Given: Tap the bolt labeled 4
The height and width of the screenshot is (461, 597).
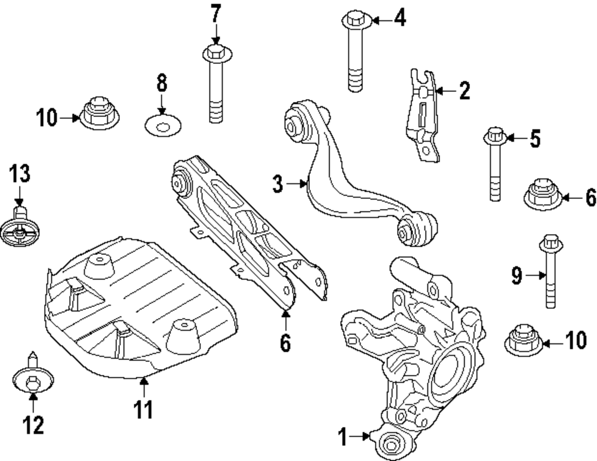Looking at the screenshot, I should (355, 54).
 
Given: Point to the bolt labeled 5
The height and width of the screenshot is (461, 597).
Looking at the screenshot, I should (495, 164).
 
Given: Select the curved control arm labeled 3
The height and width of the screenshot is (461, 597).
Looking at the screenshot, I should (346, 179).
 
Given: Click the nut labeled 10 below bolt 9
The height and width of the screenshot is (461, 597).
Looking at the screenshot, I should (524, 342).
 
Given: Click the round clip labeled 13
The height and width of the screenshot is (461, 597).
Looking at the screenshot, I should (19, 229).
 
